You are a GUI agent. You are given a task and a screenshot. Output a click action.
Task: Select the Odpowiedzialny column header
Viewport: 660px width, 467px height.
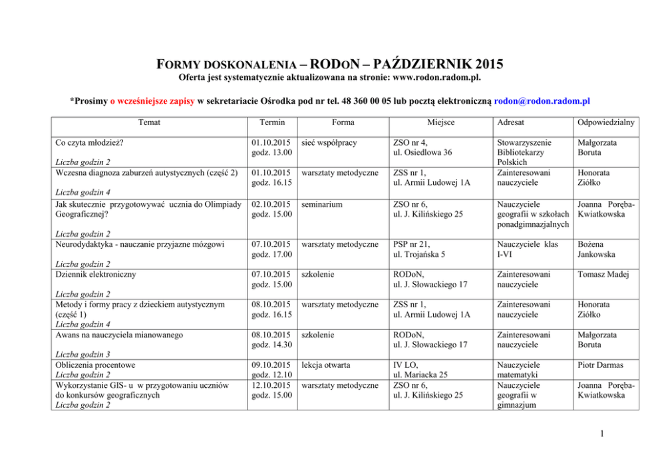click(x=607, y=122)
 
